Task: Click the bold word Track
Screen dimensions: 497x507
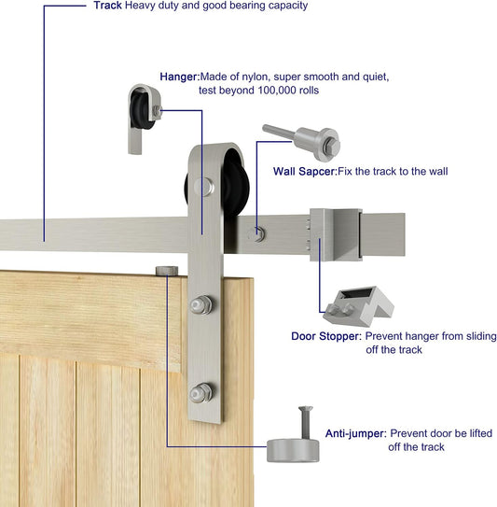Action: tap(108, 6)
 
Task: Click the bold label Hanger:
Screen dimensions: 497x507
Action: tap(180, 77)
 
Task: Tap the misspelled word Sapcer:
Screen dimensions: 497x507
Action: tap(318, 172)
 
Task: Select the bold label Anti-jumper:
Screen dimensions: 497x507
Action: tap(355, 433)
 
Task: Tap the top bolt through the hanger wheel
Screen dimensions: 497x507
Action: tap(204, 187)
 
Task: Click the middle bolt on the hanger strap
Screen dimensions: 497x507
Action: tap(200, 304)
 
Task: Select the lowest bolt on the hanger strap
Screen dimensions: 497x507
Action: tap(200, 393)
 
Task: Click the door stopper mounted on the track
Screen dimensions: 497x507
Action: tap(336, 234)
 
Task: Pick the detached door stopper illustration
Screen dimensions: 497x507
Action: tap(358, 306)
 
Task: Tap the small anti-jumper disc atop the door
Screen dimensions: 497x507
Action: tap(167, 271)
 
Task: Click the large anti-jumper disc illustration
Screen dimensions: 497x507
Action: tap(293, 450)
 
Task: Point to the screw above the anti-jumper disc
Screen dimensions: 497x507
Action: tap(306, 422)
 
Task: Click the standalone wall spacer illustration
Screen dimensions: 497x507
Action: tap(302, 141)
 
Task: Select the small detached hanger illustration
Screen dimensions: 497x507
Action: tap(145, 119)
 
